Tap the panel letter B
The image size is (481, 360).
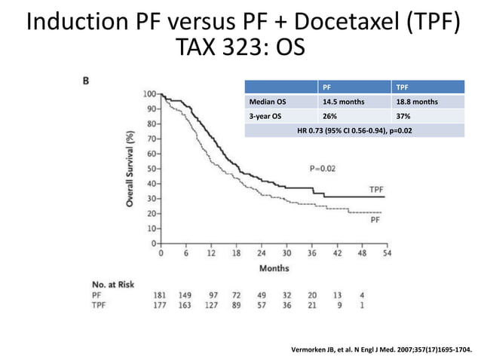point(87,82)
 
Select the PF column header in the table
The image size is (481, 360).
point(326,87)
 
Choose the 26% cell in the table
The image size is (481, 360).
point(329,116)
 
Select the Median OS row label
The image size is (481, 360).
point(266,102)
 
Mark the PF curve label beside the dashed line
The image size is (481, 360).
point(375,221)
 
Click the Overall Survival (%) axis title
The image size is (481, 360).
point(130,169)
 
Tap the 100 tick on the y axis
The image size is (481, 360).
point(149,95)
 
